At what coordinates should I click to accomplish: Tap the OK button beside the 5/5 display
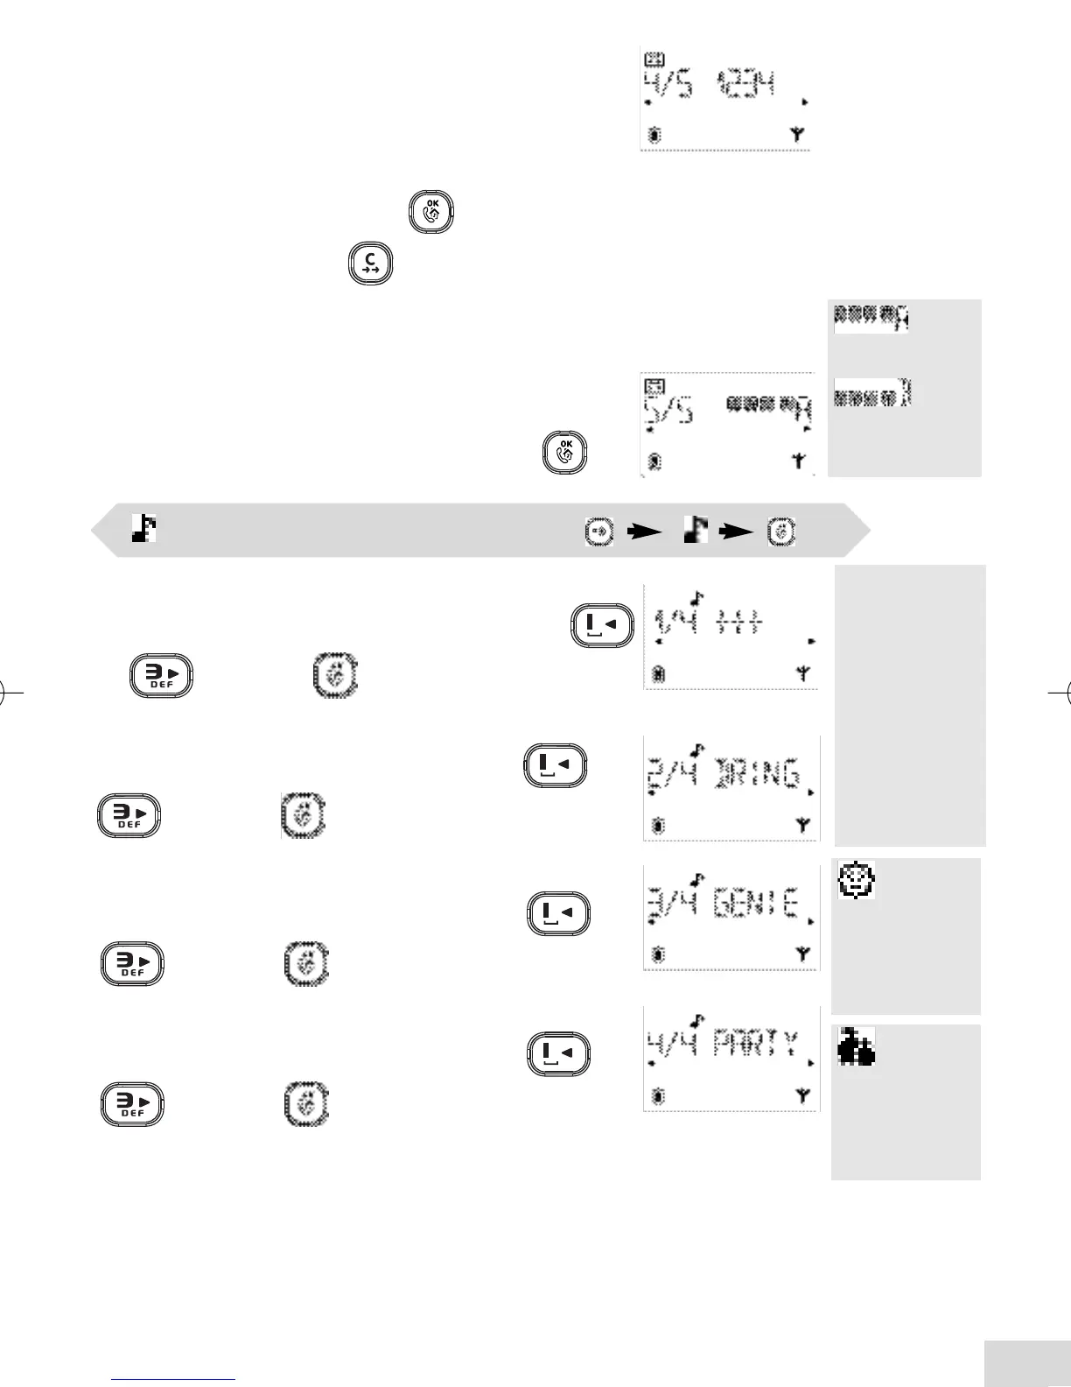(x=565, y=454)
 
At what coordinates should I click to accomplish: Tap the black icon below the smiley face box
(x=857, y=1047)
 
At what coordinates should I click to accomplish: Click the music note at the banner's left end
(x=144, y=528)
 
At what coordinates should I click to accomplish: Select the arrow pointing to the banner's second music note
(x=647, y=531)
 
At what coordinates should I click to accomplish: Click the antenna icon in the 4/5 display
(x=796, y=135)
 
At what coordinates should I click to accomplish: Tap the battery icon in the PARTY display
(x=658, y=1095)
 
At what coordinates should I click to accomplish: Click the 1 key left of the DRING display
(x=555, y=765)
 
